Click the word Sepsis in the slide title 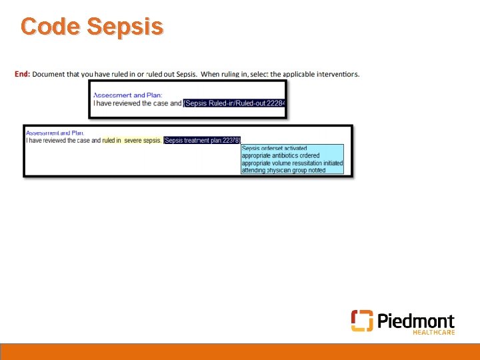[x=125, y=27]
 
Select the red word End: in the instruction [x=22, y=74]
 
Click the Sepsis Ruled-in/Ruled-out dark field [x=235, y=103]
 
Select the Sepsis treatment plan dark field [x=201, y=141]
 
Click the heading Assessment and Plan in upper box [x=127, y=95]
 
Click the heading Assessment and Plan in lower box [x=55, y=133]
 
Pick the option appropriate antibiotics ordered [x=281, y=155]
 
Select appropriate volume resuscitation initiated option [x=292, y=163]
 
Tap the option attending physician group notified [x=283, y=170]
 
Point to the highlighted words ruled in [x=111, y=141]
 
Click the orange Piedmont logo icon [x=362, y=321]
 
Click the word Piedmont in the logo [x=416, y=321]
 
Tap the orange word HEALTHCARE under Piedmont [x=433, y=332]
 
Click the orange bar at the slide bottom [x=240, y=351]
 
